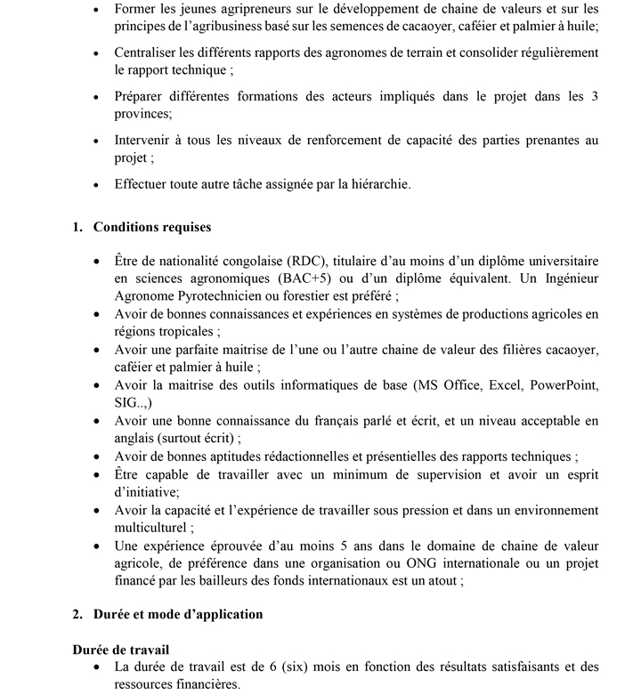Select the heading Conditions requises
(x=152, y=227)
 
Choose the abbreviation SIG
(x=127, y=402)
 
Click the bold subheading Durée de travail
(x=121, y=649)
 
